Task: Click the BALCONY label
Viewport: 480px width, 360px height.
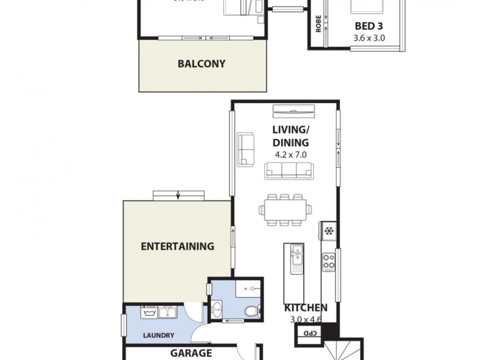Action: click(202, 64)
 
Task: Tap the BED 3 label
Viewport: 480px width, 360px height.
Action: click(368, 27)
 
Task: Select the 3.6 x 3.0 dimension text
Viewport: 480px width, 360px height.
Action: click(368, 37)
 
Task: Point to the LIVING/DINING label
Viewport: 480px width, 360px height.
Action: click(290, 136)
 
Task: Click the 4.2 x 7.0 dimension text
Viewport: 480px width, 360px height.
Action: click(290, 154)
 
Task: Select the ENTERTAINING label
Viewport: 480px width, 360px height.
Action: click(177, 246)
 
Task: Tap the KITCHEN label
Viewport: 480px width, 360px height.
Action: click(306, 308)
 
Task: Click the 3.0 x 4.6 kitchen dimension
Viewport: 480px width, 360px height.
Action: click(306, 319)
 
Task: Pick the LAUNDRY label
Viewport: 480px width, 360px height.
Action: click(159, 335)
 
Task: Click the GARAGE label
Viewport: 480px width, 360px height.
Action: click(191, 353)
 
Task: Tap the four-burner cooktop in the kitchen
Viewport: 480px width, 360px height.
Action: click(329, 261)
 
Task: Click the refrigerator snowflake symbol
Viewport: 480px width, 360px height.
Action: click(329, 230)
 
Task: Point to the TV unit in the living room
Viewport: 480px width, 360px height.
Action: click(293, 111)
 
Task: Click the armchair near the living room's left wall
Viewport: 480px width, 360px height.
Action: click(247, 149)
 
